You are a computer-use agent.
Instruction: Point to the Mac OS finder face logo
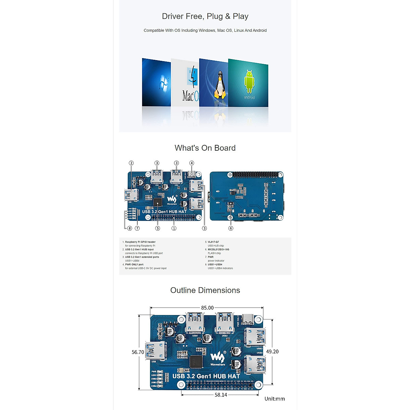192,77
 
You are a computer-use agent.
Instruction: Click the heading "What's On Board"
205,148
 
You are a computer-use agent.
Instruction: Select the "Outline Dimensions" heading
205,290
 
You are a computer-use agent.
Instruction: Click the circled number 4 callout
192,163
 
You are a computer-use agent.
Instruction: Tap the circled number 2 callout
131,163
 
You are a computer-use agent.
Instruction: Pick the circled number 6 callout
231,228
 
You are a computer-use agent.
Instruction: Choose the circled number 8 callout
129,228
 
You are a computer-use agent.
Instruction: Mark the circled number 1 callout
174,228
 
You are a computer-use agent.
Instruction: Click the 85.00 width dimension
207,308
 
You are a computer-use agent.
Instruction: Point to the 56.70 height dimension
138,352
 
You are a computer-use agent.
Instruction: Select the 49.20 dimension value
272,352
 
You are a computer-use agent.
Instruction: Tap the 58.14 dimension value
221,395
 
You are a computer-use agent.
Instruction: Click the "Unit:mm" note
274,399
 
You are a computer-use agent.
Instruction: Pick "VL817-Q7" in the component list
213,242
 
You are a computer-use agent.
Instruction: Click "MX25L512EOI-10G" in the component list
218,249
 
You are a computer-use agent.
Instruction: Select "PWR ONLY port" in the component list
134,264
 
